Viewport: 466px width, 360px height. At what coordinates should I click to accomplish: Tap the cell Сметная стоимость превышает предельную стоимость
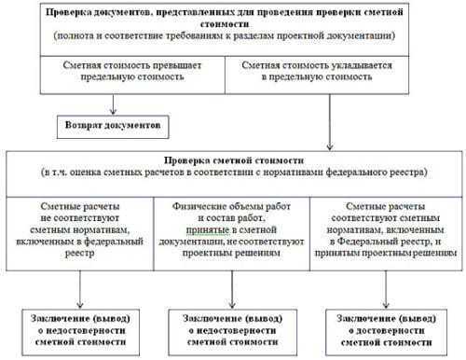pyautogui.click(x=116, y=75)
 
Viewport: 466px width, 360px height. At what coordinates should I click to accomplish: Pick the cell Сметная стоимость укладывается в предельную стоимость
pyautogui.click(x=332, y=75)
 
